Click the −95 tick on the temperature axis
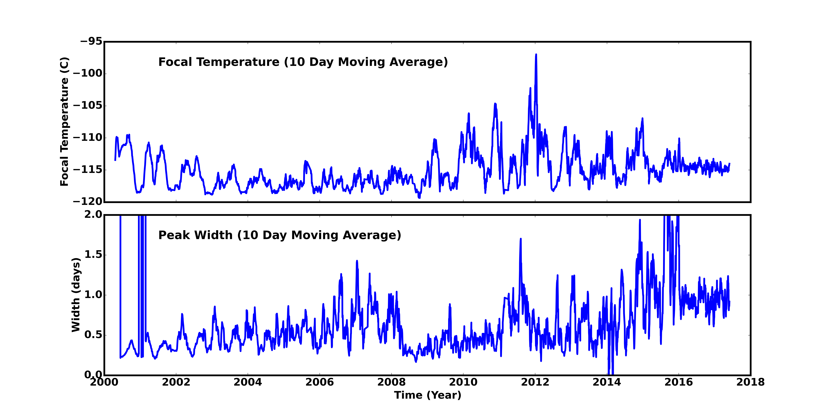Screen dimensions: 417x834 pyautogui.click(x=91, y=41)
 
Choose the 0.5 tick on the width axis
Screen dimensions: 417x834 pyautogui.click(x=93, y=335)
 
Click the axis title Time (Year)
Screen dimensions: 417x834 pyautogui.click(x=427, y=395)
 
